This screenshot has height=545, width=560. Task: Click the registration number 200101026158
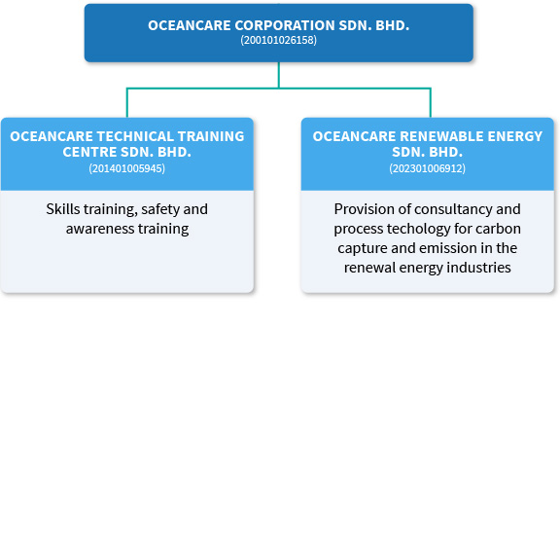tap(278, 41)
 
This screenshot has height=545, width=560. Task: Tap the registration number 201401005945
tap(126, 168)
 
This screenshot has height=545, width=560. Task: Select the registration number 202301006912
tap(427, 168)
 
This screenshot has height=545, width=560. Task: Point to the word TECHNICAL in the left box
tap(125, 136)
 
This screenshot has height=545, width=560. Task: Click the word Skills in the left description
tap(64, 209)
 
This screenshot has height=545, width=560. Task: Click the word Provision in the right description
tap(364, 209)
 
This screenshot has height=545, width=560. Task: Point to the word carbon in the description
tap(499, 229)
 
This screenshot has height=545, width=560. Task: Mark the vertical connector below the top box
tap(278, 75)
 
